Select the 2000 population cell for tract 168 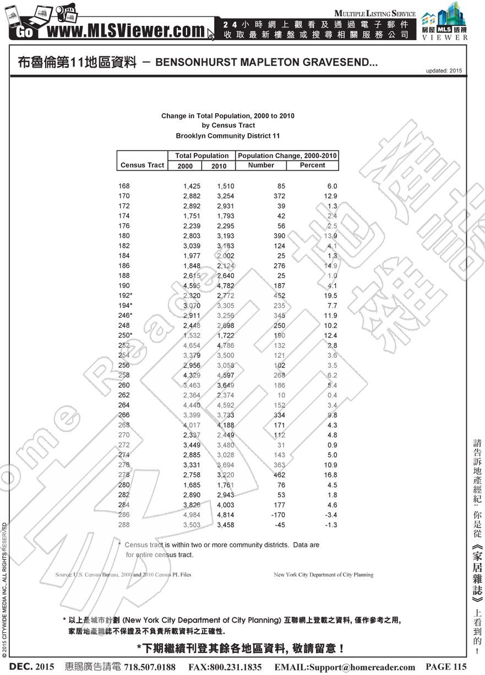click(192, 186)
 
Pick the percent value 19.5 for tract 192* click(330, 296)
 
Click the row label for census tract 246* click(126, 316)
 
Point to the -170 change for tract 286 click(277, 515)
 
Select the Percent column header click(312, 165)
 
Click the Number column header click(261, 165)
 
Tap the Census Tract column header click(142, 165)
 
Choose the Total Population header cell click(201, 156)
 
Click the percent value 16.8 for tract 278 click(330, 475)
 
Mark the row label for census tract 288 click(124, 525)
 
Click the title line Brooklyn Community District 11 click(227, 135)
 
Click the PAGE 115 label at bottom click(446, 667)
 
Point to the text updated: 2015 click(444, 71)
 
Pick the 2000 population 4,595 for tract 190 click(192, 286)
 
